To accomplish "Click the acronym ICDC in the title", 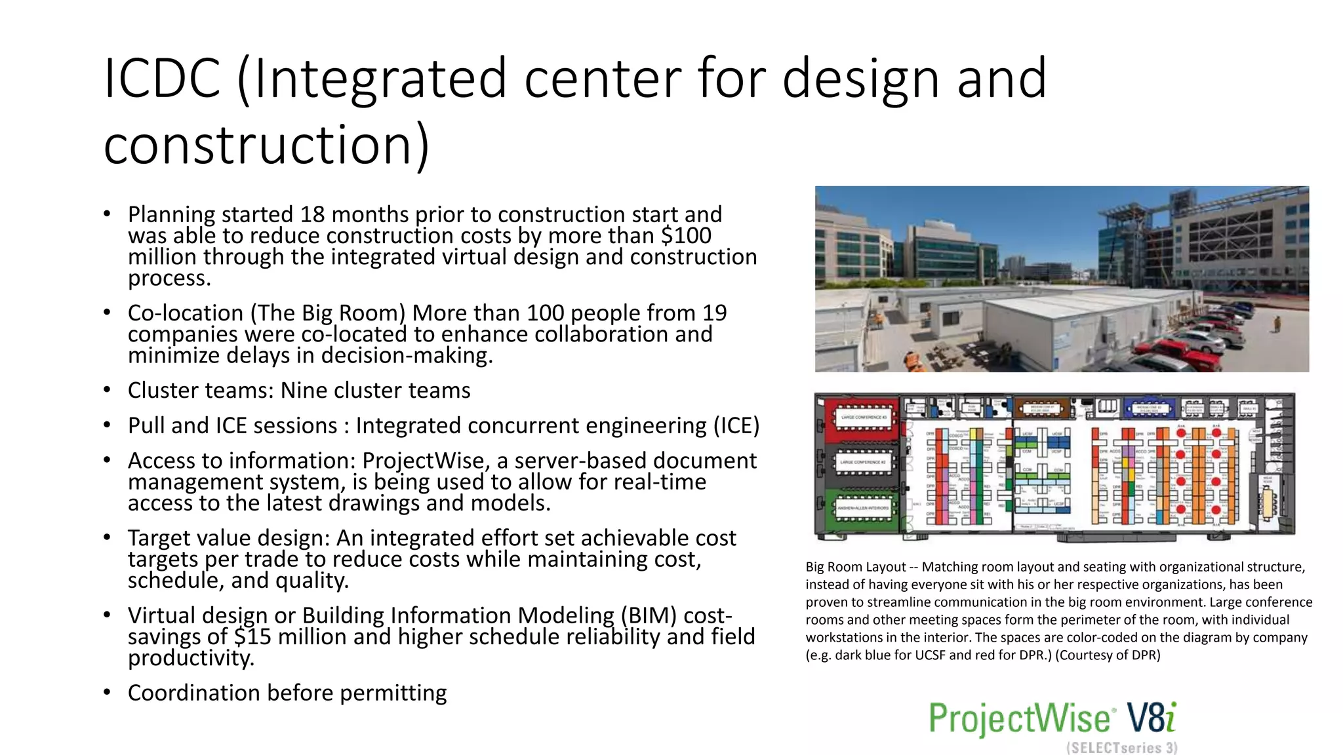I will click(162, 79).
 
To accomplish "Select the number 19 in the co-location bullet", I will click(715, 313).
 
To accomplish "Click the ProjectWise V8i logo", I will click(1052, 718).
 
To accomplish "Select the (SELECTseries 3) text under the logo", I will click(1121, 748).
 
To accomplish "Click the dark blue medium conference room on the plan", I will click(1150, 408).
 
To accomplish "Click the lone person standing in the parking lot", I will click(1277, 324).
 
